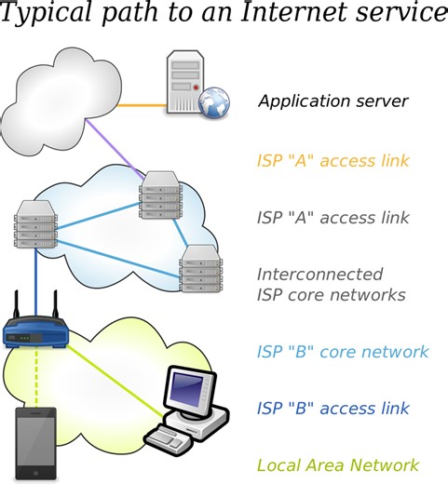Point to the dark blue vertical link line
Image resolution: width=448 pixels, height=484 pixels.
[x=35, y=279]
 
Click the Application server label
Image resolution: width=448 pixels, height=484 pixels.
[x=333, y=101]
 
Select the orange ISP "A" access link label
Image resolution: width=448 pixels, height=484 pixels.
[x=333, y=160]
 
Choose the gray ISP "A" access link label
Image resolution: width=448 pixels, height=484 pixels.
[x=333, y=219]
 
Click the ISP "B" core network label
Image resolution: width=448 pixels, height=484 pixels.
[x=342, y=352]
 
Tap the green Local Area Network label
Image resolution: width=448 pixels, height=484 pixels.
[x=337, y=465]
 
